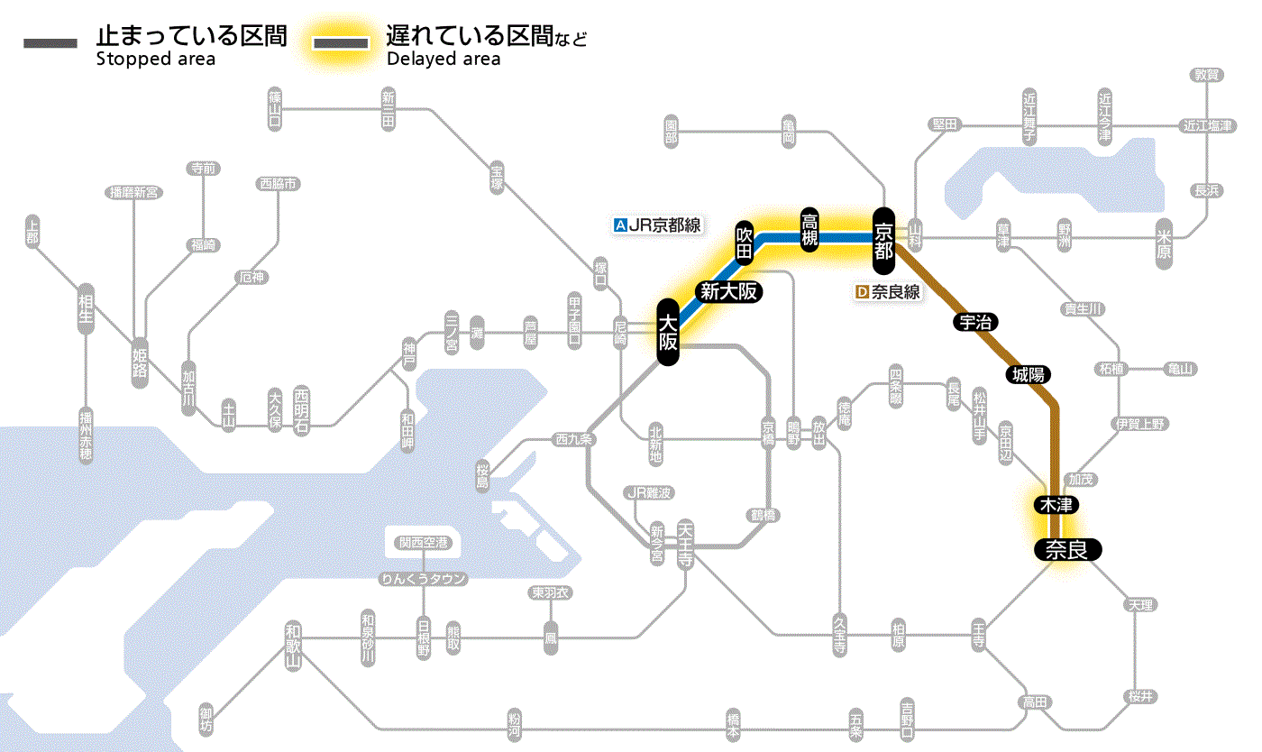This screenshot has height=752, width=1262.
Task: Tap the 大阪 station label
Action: tap(667, 332)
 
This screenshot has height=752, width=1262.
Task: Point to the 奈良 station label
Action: tap(1065, 549)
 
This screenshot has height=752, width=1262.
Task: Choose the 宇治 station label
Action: tap(974, 322)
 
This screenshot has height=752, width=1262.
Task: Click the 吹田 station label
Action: tap(744, 242)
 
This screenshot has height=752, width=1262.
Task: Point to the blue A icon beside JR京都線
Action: tap(618, 225)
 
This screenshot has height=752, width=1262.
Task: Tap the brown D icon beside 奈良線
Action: tap(862, 292)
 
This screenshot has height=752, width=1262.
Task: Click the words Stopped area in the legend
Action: tap(155, 60)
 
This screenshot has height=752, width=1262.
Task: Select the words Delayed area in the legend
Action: tap(443, 60)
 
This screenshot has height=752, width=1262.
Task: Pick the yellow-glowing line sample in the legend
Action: tap(341, 43)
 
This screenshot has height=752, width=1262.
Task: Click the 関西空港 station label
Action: tap(423, 542)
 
